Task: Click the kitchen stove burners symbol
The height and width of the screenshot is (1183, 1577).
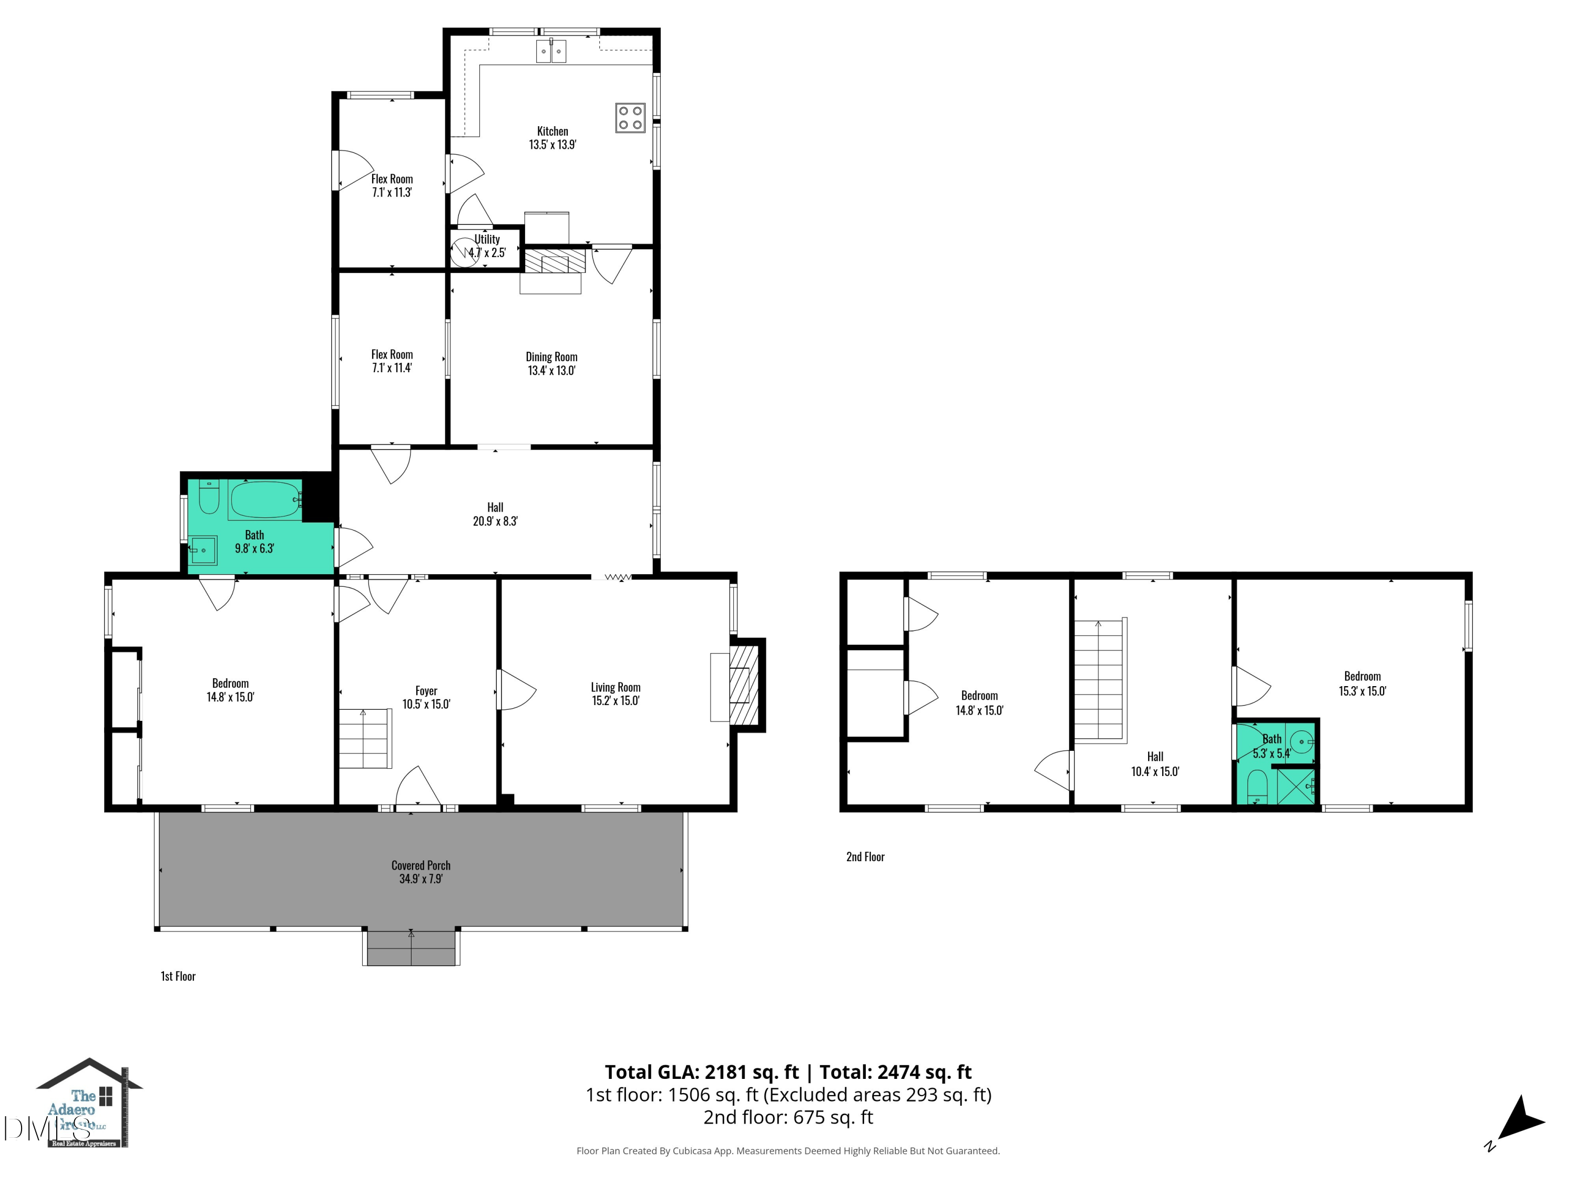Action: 630,118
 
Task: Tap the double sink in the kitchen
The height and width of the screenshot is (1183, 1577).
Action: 550,52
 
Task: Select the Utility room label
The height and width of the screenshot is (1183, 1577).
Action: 487,246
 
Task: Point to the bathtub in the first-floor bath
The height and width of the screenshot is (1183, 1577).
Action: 264,499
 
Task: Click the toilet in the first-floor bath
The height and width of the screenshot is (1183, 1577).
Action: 208,498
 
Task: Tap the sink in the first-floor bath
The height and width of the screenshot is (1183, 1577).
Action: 202,550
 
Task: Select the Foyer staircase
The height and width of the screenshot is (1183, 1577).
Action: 364,739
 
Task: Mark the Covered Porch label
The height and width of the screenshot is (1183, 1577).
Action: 421,871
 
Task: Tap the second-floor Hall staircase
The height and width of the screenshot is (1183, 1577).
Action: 1100,680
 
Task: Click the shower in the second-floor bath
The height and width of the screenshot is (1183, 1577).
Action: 1295,786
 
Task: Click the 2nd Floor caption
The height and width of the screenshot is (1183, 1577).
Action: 865,857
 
